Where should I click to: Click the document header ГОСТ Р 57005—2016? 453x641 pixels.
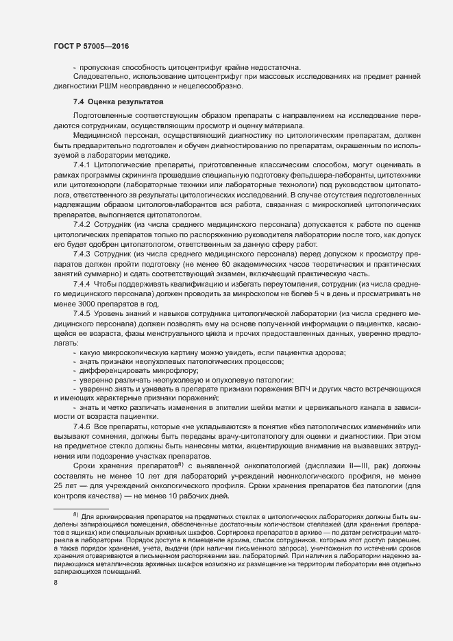[x=90, y=46]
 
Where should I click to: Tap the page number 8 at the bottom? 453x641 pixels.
[x=56, y=583]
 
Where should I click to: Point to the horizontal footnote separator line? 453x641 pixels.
[x=81, y=507]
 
